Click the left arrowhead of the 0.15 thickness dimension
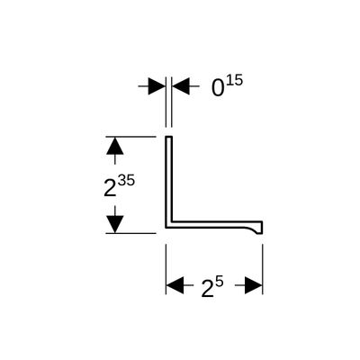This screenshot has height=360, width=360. coord(157,86)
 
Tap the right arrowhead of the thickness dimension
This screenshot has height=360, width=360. coord(181,86)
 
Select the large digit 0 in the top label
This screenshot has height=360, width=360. coord(218,88)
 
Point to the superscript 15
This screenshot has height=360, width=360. coord(234,81)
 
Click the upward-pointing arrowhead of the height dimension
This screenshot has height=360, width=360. coord(115,146)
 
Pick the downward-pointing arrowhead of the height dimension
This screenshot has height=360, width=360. coord(115,224)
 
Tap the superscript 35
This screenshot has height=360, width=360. coord(126,181)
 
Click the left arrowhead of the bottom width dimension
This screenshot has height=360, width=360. coord(175,285)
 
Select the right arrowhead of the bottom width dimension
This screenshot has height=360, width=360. coord(254,285)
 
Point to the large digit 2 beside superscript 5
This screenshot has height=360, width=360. coord(208,290)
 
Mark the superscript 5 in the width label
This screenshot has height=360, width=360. coord(220,283)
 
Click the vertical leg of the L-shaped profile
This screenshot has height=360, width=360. coord(169,179)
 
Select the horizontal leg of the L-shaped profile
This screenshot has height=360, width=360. coord(214,225)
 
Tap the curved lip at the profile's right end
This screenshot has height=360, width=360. coord(256,229)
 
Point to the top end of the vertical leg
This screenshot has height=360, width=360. coord(169,137)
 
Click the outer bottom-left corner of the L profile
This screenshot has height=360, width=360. coord(166,228)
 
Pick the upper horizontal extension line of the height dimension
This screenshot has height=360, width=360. coord(130,137)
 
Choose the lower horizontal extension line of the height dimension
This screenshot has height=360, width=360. coord(130,233)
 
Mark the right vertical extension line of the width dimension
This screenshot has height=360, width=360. coord(263,269)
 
